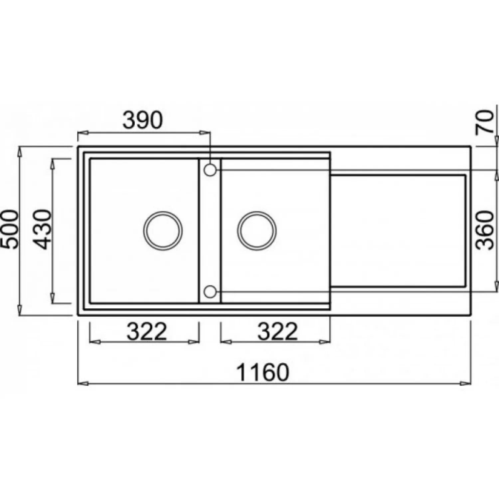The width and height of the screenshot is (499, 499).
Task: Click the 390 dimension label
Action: [143, 120]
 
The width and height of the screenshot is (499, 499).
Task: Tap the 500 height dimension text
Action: [10, 230]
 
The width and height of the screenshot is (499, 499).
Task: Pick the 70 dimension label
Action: [484, 122]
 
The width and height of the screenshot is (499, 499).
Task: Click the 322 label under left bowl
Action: [147, 331]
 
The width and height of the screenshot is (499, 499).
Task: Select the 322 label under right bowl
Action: [277, 331]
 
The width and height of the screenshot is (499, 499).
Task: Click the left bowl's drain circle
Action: [163, 231]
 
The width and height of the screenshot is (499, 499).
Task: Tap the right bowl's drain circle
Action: [257, 231]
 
